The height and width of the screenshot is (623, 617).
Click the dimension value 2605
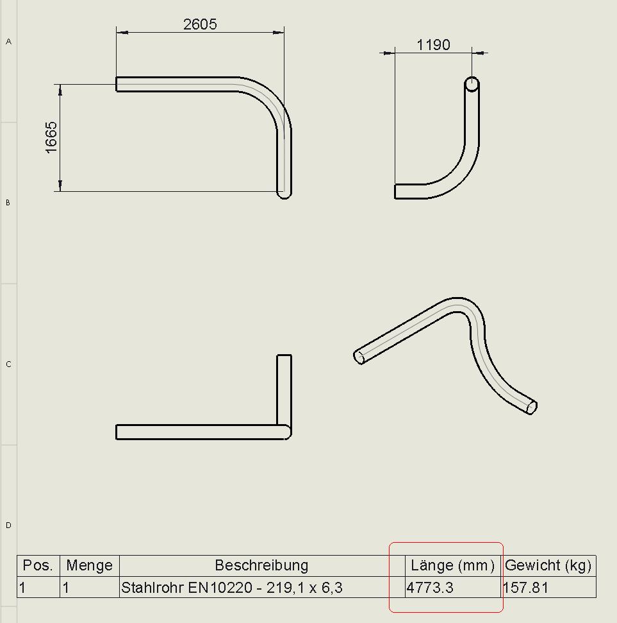pyautogui.click(x=200, y=24)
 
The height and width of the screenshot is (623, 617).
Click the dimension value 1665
pyautogui.click(x=51, y=137)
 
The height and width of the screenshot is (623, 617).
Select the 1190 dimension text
pyautogui.click(x=433, y=45)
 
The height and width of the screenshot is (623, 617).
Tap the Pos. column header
pyautogui.click(x=38, y=565)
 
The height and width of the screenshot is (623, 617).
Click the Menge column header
pyautogui.click(x=89, y=565)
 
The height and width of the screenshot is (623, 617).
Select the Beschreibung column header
pyautogui.click(x=261, y=565)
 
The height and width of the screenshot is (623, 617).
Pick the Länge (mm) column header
pyautogui.click(x=452, y=565)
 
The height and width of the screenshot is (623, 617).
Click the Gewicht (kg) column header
pyautogui.click(x=548, y=565)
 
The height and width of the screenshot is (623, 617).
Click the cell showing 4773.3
pyautogui.click(x=430, y=587)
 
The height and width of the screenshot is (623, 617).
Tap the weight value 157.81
pyautogui.click(x=525, y=587)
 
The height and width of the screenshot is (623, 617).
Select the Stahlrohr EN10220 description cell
pyautogui.click(x=232, y=587)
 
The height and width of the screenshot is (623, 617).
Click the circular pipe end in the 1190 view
pyautogui.click(x=472, y=84)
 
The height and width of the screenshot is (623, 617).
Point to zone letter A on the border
pyautogui.click(x=8, y=41)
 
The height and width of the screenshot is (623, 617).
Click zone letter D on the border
pyautogui.click(x=8, y=525)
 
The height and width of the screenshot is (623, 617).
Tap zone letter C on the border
pyautogui.click(x=8, y=364)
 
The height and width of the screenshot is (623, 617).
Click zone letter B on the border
pyautogui.click(x=8, y=202)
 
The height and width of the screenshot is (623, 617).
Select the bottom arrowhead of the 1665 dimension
pyautogui.click(x=60, y=185)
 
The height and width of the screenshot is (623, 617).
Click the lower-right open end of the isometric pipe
pyautogui.click(x=531, y=407)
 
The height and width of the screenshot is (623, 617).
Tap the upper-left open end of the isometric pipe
pyautogui.click(x=359, y=357)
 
